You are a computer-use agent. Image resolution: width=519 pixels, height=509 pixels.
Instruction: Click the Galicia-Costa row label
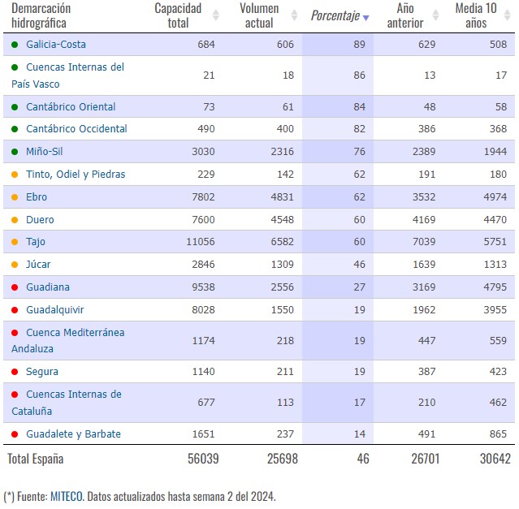pos(56,45)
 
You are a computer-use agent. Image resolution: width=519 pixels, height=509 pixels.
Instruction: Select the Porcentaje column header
pos(335,15)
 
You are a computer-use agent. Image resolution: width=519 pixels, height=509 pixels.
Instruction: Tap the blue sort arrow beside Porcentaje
pos(365,18)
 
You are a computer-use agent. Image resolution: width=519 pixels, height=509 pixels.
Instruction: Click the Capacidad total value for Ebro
pos(203,197)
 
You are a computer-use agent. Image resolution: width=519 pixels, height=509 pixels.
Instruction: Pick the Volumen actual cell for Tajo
pos(282,242)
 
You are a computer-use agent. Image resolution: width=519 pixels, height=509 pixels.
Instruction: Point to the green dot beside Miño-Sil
pos(15,152)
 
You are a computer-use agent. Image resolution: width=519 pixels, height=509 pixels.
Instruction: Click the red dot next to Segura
pos(15,372)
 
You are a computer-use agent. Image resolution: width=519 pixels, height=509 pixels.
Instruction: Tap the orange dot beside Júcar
pos(15,265)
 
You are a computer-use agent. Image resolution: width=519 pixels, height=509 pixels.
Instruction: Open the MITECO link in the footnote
pos(67,497)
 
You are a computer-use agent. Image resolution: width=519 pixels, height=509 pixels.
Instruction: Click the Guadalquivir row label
pos(55,310)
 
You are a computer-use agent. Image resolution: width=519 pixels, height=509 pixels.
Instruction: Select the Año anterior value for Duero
pos(424,220)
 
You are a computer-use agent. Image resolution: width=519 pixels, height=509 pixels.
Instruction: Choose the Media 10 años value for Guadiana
pos(495,287)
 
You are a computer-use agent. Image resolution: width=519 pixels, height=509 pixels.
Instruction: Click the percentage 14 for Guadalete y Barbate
pos(360,434)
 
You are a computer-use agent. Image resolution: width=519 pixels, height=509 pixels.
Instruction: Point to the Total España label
pos(36,459)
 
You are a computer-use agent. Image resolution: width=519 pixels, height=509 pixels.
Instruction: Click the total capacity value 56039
pos(203,459)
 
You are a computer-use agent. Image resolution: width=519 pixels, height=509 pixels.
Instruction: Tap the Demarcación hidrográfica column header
pos(41,15)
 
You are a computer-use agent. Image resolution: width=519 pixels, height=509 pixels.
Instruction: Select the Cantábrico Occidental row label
pos(76,128)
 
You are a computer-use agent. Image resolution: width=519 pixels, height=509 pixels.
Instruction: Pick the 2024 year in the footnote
pos(262,497)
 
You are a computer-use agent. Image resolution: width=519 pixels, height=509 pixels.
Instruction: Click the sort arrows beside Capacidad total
pos(216,15)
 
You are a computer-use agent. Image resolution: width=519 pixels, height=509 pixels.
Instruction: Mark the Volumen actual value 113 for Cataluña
pos(285,403)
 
